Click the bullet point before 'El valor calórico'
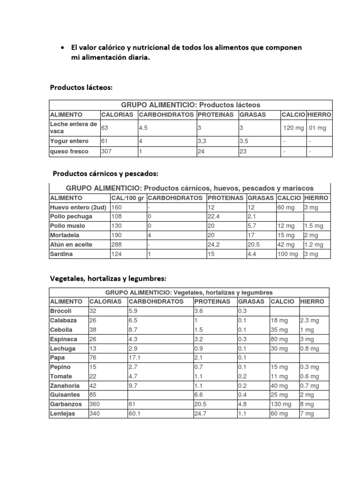(62, 48)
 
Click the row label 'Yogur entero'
(67, 140)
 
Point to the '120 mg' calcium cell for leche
(293, 128)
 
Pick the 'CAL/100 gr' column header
(127, 198)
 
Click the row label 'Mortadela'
(65, 235)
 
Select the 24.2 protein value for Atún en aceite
(215, 245)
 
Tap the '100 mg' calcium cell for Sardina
(287, 254)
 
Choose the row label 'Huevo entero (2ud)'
(78, 207)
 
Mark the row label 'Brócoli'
(60, 311)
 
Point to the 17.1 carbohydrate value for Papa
(135, 358)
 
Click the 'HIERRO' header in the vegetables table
(313, 301)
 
